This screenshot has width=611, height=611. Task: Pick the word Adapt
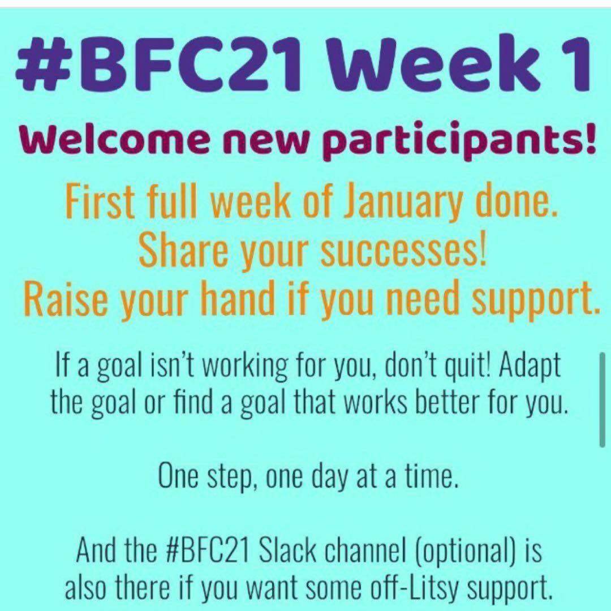pyautogui.click(x=530, y=365)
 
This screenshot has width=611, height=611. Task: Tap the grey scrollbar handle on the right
pyautogui.click(x=602, y=399)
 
